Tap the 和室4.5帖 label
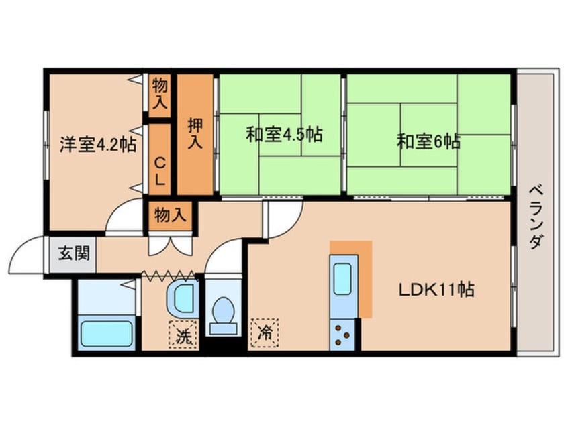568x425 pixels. (x=283, y=135)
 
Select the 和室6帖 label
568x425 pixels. (x=428, y=141)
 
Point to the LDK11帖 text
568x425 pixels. (x=437, y=290)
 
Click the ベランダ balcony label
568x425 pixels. (x=535, y=215)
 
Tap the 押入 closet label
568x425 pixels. (x=195, y=133)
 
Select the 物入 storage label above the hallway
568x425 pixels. (x=170, y=215)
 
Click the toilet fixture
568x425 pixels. (x=222, y=315)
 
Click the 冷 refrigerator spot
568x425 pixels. (x=264, y=331)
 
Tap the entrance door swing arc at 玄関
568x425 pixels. (x=25, y=253)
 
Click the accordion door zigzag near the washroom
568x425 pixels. (x=169, y=274)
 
